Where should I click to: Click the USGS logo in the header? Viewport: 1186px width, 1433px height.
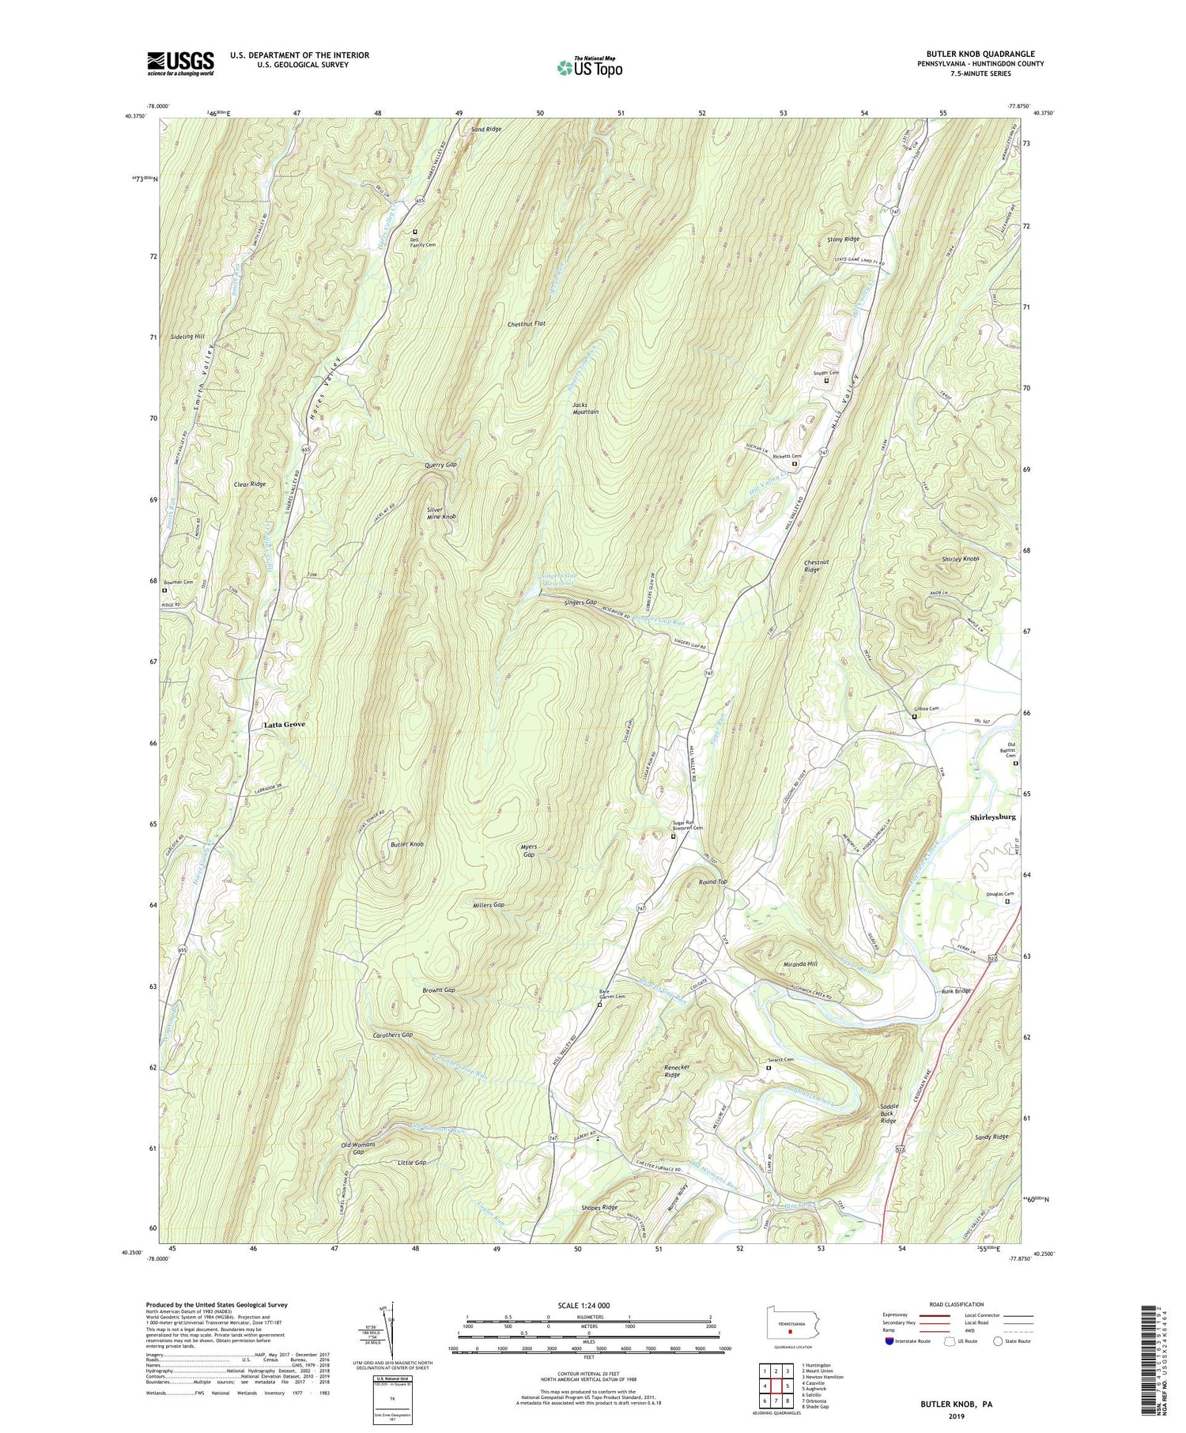click(x=180, y=63)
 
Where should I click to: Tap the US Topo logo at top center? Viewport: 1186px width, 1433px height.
click(x=589, y=67)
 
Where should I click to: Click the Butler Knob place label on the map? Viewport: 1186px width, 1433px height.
click(x=407, y=845)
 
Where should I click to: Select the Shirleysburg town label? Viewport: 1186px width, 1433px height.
click(x=991, y=817)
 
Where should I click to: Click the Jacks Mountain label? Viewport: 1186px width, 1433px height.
click(x=585, y=408)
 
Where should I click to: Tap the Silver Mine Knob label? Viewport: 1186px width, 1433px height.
click(x=441, y=513)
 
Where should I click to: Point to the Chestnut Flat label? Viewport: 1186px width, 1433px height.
click(x=527, y=324)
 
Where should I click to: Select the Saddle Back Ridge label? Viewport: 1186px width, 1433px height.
click(x=888, y=1114)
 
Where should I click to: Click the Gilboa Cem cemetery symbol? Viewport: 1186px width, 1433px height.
click(x=915, y=716)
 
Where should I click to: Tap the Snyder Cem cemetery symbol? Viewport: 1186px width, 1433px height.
click(x=827, y=381)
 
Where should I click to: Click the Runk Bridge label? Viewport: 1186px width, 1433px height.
click(x=956, y=991)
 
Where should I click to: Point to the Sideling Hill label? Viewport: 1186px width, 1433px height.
click(x=187, y=337)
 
